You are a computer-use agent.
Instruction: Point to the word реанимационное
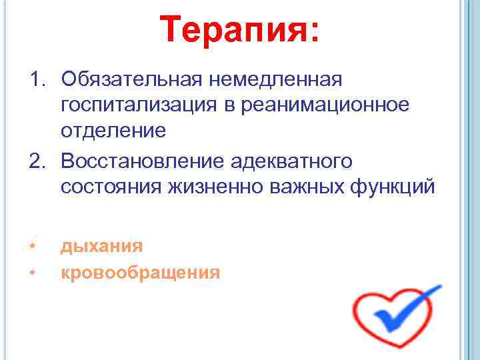(x=324, y=105)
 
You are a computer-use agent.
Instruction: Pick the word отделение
(x=113, y=130)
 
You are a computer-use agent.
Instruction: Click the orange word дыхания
(x=101, y=246)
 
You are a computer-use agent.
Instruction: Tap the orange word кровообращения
(x=140, y=272)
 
